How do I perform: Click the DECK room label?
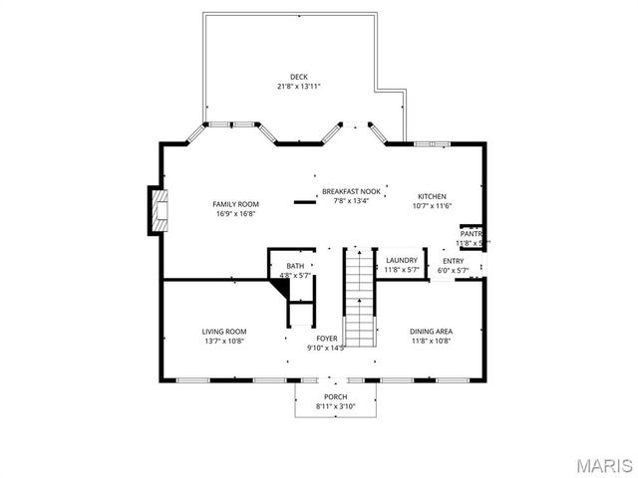pos(299,77)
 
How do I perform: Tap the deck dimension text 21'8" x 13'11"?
pos(299,87)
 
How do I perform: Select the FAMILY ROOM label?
pos(235,204)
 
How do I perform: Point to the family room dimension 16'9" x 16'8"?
pos(235,213)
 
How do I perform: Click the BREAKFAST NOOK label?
pos(351,192)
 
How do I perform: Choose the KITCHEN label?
pos(432,196)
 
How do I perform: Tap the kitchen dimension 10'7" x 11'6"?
pos(432,206)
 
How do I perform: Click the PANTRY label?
pos(472,234)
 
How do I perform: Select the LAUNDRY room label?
pos(401,260)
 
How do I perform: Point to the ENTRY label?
pos(453,261)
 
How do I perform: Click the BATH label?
pos(295,266)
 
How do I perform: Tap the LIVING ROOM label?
pos(224,332)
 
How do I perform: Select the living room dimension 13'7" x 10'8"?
pos(224,341)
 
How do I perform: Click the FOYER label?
pos(327,339)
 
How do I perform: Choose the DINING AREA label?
pos(431,332)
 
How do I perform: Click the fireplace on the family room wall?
pos(156,210)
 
